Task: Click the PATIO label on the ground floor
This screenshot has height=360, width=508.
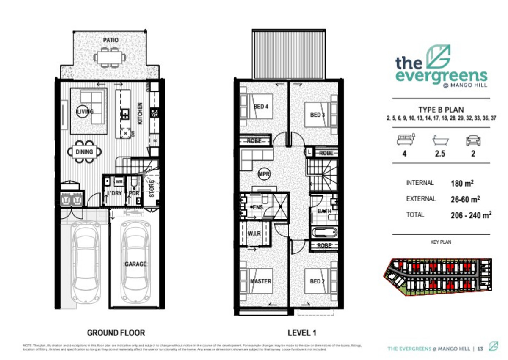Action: coord(110,40)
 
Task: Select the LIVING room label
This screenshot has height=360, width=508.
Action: coord(85,111)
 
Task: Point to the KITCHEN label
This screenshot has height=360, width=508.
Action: coord(140,114)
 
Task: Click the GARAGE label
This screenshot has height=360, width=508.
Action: coord(135,264)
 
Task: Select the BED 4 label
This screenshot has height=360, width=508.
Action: coord(261,107)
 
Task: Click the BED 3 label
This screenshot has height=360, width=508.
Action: coord(317,115)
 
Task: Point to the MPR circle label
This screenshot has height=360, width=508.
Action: coord(264,173)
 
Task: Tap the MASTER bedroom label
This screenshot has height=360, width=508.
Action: coord(260,281)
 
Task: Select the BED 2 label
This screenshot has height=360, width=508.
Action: coord(317,281)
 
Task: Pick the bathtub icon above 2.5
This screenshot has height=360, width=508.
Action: coord(439,140)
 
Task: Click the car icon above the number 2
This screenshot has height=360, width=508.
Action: coord(473,140)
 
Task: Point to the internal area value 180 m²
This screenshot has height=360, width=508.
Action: coord(462,183)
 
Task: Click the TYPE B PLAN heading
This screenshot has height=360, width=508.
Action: coord(441,110)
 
